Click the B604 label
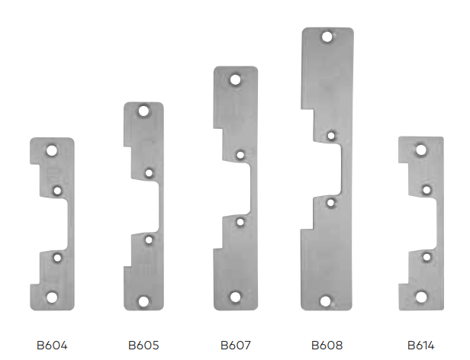(x=52, y=346)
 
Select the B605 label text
(x=143, y=346)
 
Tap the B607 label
(x=236, y=346)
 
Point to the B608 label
(x=327, y=346)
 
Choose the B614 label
(x=421, y=346)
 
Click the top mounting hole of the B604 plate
(x=52, y=150)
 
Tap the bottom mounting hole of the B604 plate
(x=52, y=297)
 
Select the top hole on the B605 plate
(x=143, y=111)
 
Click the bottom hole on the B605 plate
(x=143, y=301)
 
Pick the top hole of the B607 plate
(x=235, y=80)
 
